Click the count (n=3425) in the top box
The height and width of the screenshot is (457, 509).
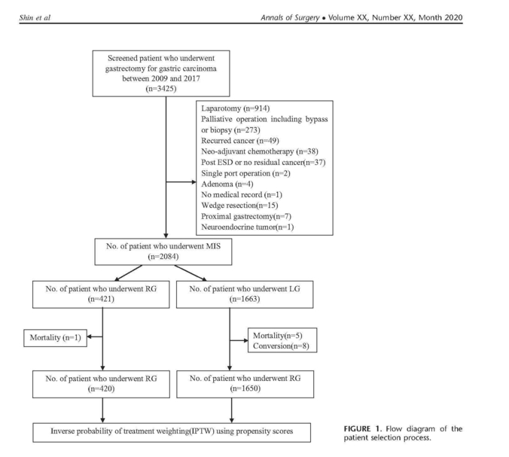161,89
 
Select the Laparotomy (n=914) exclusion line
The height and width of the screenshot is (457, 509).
236,108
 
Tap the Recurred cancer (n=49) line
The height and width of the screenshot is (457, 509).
240,141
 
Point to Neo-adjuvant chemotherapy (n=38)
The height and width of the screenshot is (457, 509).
260,151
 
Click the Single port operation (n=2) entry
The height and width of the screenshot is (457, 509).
245,173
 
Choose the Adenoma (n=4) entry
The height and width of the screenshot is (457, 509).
227,184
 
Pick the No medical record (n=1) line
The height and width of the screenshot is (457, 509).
242,195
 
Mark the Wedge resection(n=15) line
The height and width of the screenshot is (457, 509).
239,206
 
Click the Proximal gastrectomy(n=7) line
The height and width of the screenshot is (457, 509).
246,216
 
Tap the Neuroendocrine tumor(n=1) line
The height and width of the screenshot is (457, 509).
248,227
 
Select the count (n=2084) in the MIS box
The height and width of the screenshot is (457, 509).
163,257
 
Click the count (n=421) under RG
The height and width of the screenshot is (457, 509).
101,299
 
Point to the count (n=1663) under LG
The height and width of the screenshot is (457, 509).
245,299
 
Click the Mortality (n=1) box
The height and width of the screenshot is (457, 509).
56,338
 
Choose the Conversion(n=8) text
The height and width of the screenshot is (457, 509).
281,346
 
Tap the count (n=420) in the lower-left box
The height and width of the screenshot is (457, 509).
101,388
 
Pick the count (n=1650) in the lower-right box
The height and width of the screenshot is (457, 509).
245,388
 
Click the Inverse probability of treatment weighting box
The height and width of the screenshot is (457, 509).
172,432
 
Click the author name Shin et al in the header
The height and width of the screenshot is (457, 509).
35,17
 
